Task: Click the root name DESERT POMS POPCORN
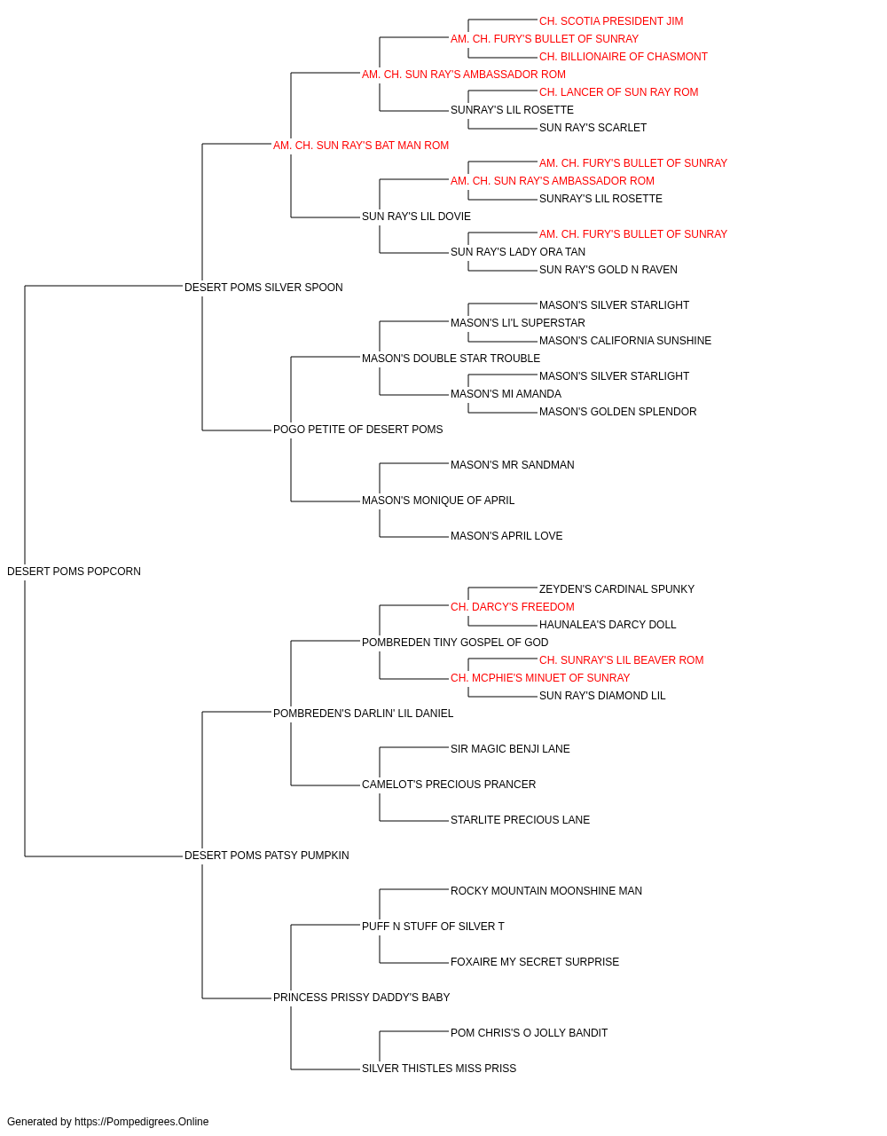74,572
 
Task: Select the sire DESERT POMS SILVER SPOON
263,288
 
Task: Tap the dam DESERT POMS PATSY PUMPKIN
266,856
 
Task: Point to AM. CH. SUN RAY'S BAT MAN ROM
360,146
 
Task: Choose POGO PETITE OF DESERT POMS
357,430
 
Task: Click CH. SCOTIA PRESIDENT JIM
610,21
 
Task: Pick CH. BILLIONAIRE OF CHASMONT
624,57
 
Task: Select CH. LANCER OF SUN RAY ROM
618,92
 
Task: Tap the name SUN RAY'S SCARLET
593,128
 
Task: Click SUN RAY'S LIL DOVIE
416,217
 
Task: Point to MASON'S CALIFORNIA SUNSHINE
624,341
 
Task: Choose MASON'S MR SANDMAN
512,465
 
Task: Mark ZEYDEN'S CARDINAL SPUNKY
616,589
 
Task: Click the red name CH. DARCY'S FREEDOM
512,607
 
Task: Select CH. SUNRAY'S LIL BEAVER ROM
621,660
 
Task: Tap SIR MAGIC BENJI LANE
510,749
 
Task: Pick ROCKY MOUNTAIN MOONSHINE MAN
546,891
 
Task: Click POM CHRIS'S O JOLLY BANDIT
529,1033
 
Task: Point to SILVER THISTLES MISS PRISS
439,1069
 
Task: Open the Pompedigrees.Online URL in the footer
141,1122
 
